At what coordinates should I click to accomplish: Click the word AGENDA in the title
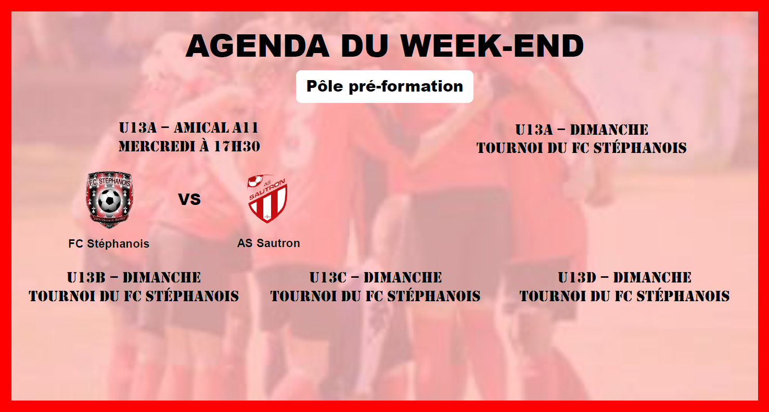coord(257,45)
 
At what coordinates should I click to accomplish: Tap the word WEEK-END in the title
coord(493,45)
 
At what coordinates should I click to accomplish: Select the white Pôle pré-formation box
coord(384,86)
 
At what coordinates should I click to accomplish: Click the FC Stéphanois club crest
coord(109,200)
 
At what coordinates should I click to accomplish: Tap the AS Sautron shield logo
coord(267,199)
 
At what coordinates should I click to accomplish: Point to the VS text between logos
coord(189,199)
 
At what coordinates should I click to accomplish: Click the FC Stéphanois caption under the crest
coord(109,244)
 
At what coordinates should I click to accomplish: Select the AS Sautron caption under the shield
coord(268,243)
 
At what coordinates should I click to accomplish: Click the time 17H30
coord(237,147)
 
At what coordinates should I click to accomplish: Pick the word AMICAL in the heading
coord(201,128)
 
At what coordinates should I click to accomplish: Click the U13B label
coord(86,278)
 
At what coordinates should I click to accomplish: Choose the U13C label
coord(328,278)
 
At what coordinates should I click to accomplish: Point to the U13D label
coord(577,278)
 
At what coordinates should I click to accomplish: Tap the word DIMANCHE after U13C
coord(403,278)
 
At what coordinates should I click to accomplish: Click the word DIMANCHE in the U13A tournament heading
coord(609,130)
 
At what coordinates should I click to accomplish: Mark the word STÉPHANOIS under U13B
coord(193,297)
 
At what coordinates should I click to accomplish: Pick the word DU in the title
coord(365,45)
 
